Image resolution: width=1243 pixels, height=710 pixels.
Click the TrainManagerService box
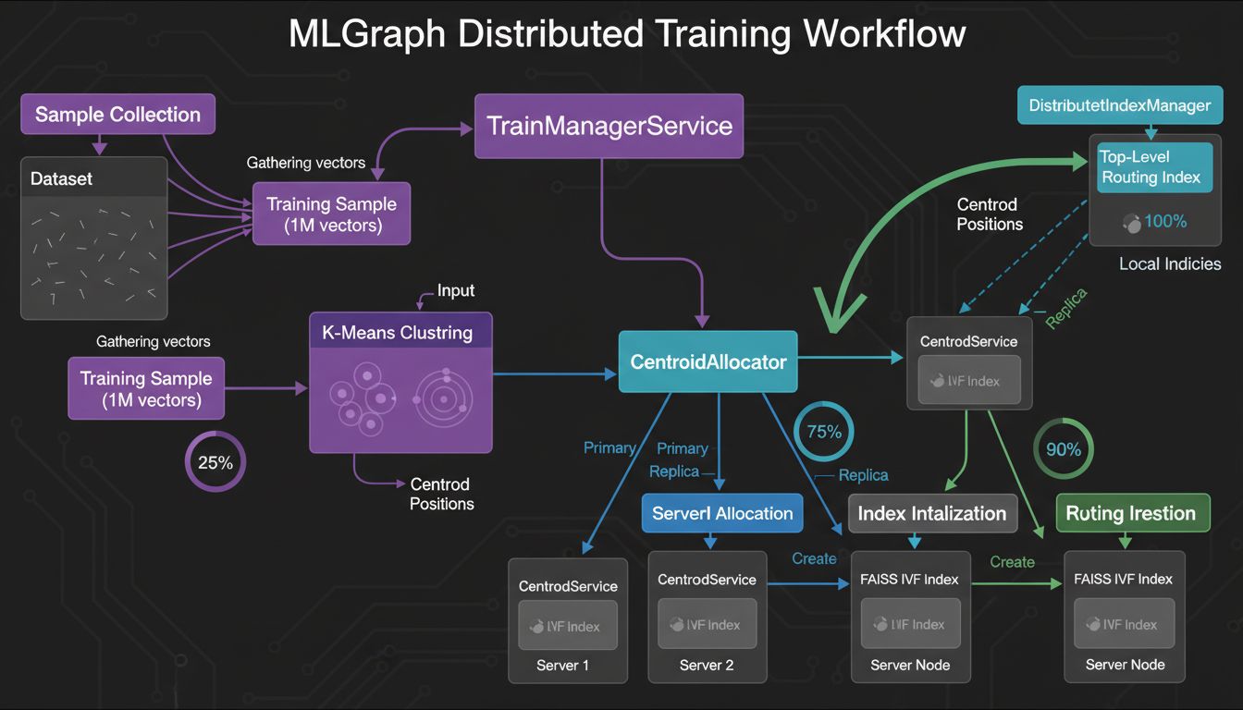(x=609, y=126)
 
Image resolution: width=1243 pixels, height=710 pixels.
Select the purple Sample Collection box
(x=117, y=115)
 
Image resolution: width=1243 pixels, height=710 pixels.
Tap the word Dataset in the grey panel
(x=62, y=178)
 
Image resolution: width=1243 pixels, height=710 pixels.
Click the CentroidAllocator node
(x=708, y=361)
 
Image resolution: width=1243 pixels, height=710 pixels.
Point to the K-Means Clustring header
(x=397, y=332)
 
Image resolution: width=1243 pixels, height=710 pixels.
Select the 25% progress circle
(x=215, y=462)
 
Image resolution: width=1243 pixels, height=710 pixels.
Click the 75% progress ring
(x=823, y=432)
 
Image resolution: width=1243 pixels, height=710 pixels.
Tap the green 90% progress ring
(x=1063, y=450)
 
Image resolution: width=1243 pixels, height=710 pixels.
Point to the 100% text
(x=1165, y=222)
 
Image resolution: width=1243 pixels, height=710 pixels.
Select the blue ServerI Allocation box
(x=722, y=513)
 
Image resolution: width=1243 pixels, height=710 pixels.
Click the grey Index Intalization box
(x=932, y=513)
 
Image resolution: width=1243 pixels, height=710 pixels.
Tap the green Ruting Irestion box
(x=1131, y=513)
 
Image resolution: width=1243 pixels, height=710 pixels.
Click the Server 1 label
(x=562, y=666)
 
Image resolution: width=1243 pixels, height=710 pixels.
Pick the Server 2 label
(x=706, y=666)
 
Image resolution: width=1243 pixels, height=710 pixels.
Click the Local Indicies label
(x=1169, y=264)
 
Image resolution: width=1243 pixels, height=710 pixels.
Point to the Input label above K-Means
(x=455, y=291)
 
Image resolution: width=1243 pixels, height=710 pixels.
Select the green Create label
(x=1012, y=562)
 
